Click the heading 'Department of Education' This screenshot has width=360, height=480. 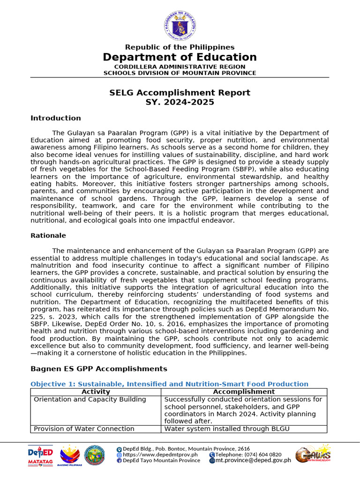[x=180, y=57]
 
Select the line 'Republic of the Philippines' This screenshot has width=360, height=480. [x=180, y=47]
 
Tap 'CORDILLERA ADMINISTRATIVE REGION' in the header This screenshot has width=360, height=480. [x=180, y=67]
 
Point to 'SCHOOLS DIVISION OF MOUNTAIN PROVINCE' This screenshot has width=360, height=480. [x=180, y=73]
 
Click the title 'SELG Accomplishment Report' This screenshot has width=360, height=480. [x=180, y=93]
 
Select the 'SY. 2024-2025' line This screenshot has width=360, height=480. [x=180, y=102]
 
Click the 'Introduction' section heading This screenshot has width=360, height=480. [x=56, y=118]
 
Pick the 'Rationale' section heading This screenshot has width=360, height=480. [x=48, y=235]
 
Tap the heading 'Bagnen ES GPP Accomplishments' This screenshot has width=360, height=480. [x=98, y=369]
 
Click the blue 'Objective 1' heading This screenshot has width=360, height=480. [x=169, y=384]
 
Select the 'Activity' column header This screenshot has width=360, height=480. [x=96, y=392]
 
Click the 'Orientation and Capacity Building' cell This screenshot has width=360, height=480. [x=90, y=399]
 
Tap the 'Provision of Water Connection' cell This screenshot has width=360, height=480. [x=84, y=428]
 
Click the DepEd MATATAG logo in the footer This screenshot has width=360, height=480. [x=40, y=455]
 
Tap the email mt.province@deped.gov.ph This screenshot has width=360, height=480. [x=253, y=460]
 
